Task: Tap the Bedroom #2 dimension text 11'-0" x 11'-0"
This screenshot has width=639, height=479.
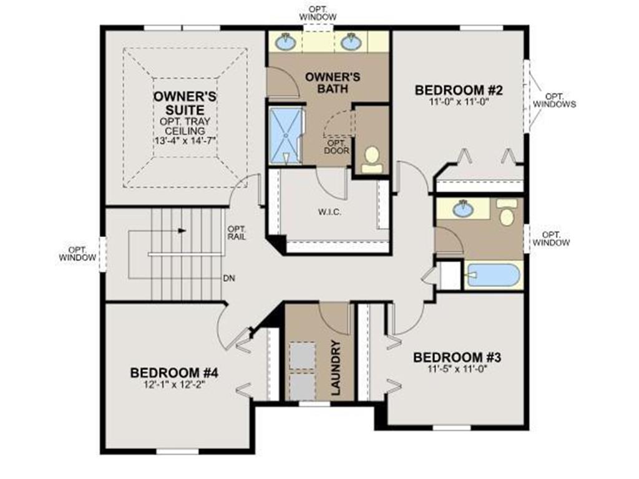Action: pyautogui.click(x=459, y=100)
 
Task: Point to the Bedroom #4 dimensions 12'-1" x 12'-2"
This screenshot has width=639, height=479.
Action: pyautogui.click(x=174, y=384)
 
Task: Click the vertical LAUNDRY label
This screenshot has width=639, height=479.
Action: pyautogui.click(x=336, y=369)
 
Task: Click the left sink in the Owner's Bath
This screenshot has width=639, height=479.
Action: pyautogui.click(x=286, y=42)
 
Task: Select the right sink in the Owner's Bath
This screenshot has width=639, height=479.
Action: pyautogui.click(x=350, y=42)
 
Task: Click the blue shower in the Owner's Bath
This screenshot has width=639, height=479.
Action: pyautogui.click(x=285, y=135)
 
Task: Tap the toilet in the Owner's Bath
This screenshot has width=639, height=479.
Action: pyautogui.click(x=373, y=158)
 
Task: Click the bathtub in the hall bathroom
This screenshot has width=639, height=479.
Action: pyautogui.click(x=493, y=275)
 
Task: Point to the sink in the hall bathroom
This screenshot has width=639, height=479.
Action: pyautogui.click(x=462, y=209)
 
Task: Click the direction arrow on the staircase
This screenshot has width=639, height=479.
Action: pyautogui.click(x=181, y=230)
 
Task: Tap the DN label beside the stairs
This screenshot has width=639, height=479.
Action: pyautogui.click(x=230, y=278)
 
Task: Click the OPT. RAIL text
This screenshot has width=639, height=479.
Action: pyautogui.click(x=237, y=232)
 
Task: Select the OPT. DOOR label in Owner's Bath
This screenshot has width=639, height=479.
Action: pyautogui.click(x=336, y=147)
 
